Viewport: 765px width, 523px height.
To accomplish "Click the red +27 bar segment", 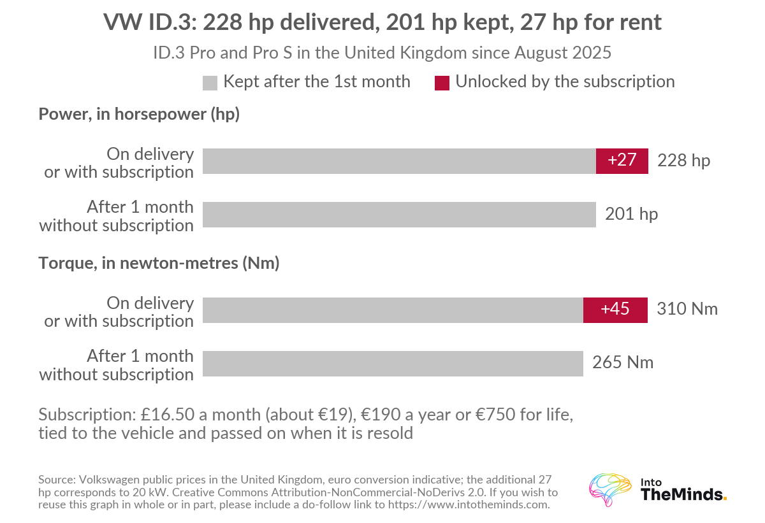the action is point(622,161).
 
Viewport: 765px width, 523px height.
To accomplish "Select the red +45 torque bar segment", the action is point(615,310).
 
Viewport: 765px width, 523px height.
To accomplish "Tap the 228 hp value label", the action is point(683,161).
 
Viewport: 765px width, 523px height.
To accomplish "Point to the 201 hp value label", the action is point(632,214).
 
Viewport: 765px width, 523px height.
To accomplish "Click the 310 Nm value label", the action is point(687,309).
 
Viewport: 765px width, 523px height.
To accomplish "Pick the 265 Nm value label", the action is point(623,362).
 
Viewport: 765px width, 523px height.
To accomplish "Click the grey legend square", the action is point(210,83).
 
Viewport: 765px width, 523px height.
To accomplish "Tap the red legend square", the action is point(442,83).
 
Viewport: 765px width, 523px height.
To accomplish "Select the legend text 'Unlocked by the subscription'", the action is point(565,82).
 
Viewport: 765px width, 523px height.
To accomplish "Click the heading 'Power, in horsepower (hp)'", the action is point(139,114).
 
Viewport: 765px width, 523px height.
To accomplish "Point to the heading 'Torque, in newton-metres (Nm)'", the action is point(159,263).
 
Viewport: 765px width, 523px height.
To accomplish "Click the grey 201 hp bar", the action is point(399,215).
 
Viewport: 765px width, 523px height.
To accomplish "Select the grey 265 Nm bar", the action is point(393,364).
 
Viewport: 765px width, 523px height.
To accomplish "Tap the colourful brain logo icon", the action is point(610,489).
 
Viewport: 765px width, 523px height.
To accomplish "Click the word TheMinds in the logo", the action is point(681,495).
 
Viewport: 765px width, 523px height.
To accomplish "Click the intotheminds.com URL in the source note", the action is point(469,505).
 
